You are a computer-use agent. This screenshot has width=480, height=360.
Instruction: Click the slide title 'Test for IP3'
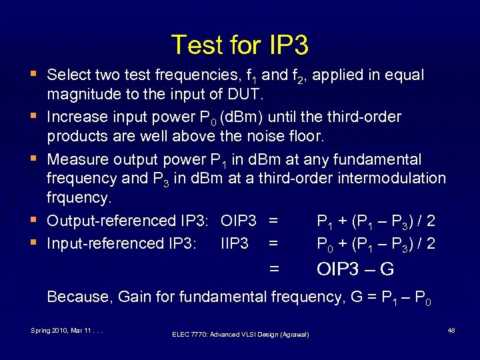pos(240,45)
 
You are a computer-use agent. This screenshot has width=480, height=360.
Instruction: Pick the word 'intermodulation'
pos(393,178)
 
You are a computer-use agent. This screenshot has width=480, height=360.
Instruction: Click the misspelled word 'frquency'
pos(77,199)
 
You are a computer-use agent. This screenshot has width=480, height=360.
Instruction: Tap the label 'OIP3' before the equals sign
pos(239,221)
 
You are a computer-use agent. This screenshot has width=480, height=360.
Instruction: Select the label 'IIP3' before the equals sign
pos(234,244)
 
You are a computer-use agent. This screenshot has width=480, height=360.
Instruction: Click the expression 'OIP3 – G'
pos(355,270)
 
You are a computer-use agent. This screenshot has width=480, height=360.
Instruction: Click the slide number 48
pos(451,330)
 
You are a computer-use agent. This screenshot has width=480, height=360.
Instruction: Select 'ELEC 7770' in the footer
pos(189,334)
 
